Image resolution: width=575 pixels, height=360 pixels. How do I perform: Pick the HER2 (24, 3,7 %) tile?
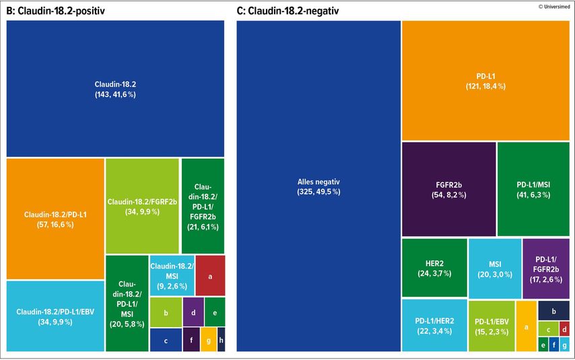click(x=434, y=268)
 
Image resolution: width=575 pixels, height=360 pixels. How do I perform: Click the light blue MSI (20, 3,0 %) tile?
click(x=495, y=268)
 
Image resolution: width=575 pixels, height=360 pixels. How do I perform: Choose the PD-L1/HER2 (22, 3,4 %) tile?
click(x=434, y=325)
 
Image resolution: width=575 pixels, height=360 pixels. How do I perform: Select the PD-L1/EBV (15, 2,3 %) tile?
click(x=492, y=326)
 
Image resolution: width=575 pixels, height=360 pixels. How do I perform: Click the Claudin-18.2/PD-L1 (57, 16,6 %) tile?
click(x=55, y=219)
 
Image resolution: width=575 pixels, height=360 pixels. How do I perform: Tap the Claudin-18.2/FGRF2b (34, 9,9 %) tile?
click(x=142, y=206)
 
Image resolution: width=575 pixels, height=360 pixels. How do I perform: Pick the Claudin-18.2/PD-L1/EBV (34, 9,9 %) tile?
click(x=55, y=316)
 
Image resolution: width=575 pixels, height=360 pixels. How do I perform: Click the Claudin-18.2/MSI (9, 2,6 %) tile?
click(x=172, y=275)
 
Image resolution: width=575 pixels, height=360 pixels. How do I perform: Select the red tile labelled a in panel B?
click(x=210, y=275)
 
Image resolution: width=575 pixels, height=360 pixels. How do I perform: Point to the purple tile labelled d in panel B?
click(x=193, y=312)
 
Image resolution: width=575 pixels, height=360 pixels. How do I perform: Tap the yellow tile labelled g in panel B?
click(x=209, y=339)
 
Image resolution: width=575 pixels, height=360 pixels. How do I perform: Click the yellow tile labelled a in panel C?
click(x=526, y=326)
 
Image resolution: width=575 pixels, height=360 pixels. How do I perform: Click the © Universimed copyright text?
click(x=553, y=6)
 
